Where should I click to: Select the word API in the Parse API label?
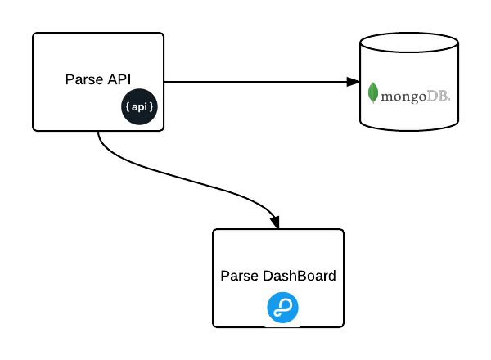119,79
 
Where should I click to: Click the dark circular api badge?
139,107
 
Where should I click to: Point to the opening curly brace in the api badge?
128,107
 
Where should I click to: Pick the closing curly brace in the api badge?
151,107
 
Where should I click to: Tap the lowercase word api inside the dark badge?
139,107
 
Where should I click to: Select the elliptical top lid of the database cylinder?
409,43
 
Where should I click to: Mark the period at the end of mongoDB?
449,99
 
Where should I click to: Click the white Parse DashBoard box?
278,254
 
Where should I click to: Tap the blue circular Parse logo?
282,308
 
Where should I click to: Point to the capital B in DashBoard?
305,276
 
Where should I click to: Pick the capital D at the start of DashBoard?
268,276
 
